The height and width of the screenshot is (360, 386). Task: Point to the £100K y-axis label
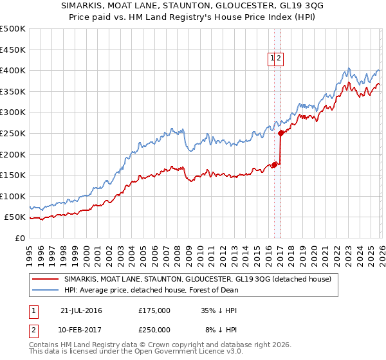click(x=13, y=196)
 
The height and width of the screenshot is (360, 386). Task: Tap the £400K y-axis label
click(x=13, y=70)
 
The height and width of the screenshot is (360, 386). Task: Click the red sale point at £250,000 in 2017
click(x=280, y=134)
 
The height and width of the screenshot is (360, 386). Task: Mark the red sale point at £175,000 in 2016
click(x=274, y=165)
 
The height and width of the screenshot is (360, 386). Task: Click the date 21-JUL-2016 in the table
click(x=81, y=310)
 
